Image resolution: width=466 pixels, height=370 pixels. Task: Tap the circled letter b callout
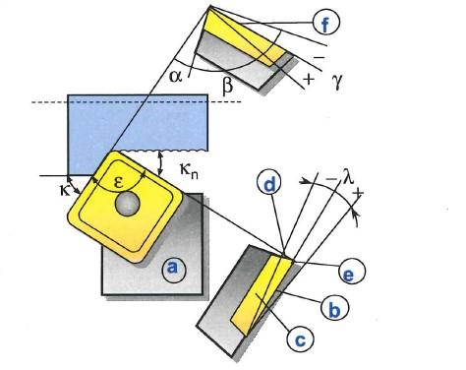[x=334, y=309]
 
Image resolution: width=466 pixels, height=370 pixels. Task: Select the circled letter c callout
[x=301, y=339]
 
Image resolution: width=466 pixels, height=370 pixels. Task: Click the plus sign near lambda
[x=360, y=189]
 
